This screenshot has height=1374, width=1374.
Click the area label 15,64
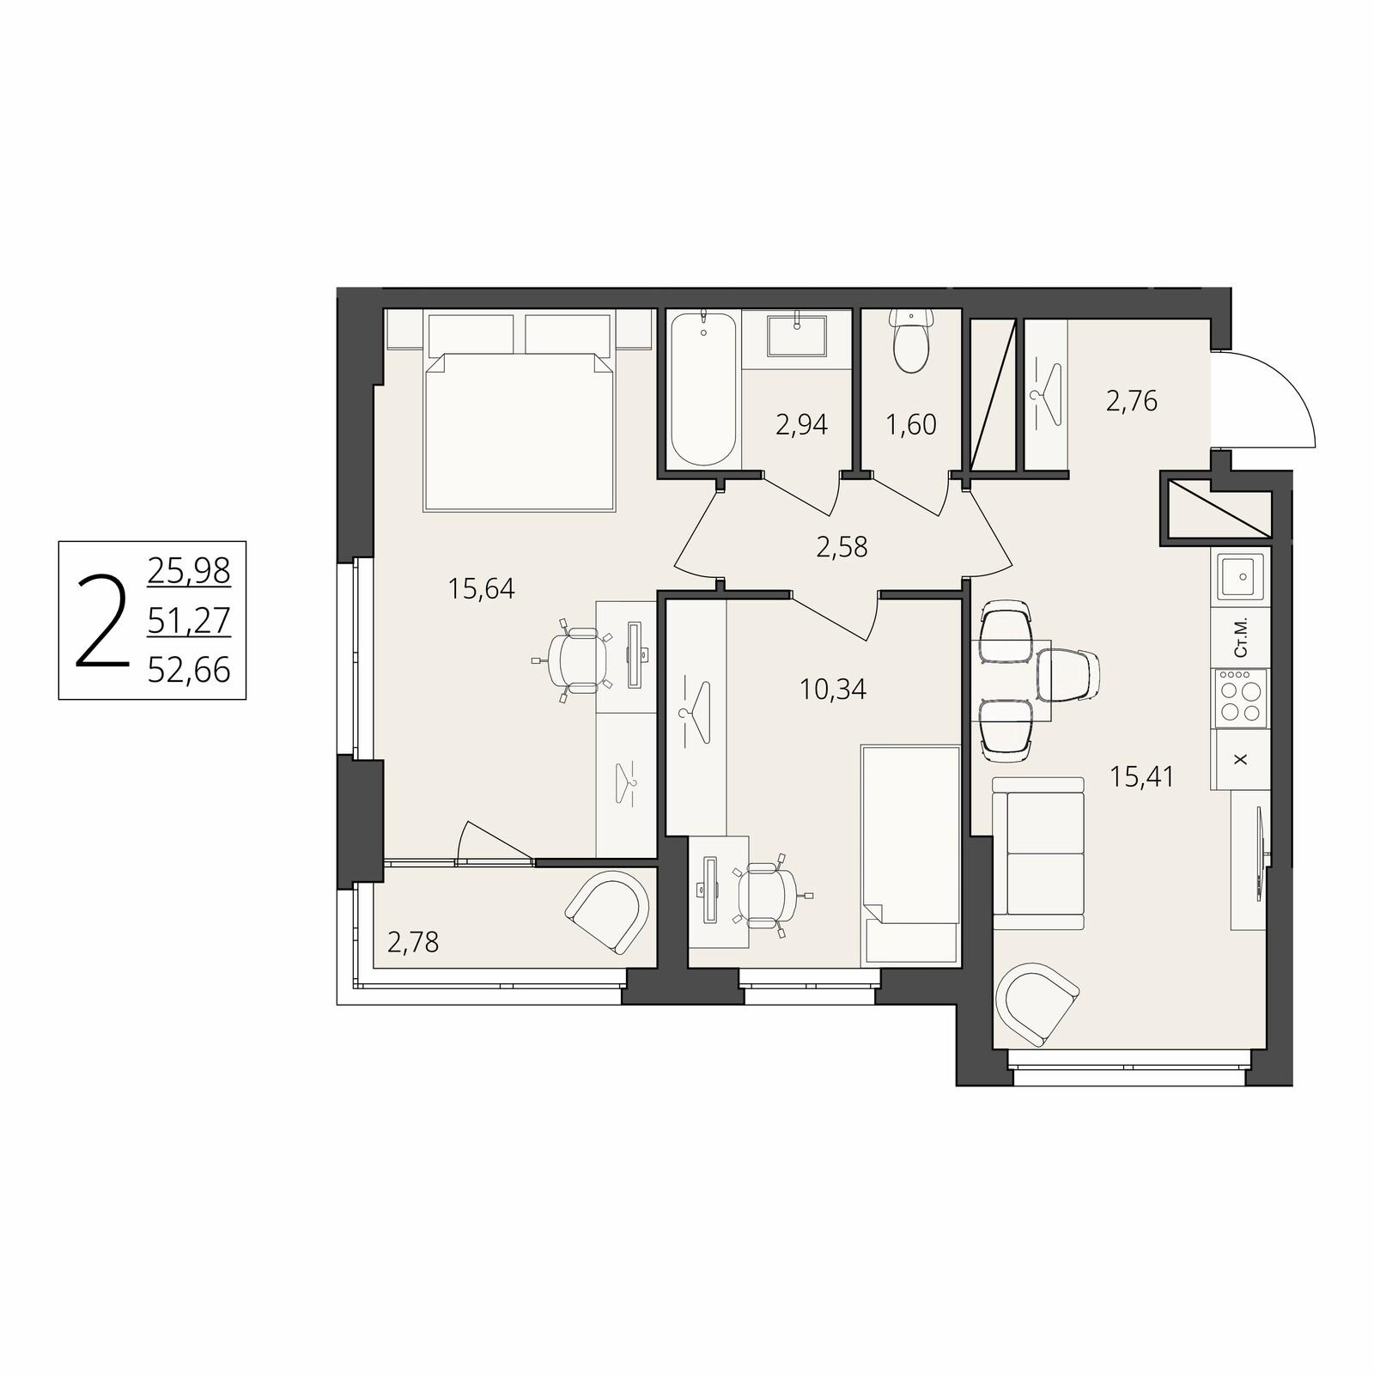point(481,589)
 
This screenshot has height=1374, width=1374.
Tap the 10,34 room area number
point(833,689)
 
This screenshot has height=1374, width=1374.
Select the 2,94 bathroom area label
point(802,424)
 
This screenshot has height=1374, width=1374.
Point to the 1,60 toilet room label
point(911,424)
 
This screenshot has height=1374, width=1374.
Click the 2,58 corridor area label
point(842,547)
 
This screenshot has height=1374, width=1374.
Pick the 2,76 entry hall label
point(1132,401)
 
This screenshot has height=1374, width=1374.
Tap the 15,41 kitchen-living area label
point(1142,777)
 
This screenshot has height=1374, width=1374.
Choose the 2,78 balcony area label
point(413,943)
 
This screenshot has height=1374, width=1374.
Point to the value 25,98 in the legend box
point(189,570)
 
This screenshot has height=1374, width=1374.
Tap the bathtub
point(703,390)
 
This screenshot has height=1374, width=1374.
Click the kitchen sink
point(1240,577)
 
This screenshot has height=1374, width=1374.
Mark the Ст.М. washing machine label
point(1240,638)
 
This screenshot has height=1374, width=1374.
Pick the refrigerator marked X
point(1239,760)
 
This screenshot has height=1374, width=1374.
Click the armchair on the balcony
point(609,912)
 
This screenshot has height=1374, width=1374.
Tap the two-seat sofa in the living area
point(1038,854)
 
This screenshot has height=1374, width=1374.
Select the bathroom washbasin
point(797,336)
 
